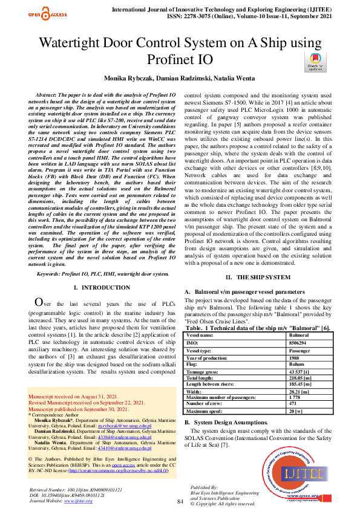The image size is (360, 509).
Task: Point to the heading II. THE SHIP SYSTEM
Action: click(258, 277)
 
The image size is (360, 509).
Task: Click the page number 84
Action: click(180, 502)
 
